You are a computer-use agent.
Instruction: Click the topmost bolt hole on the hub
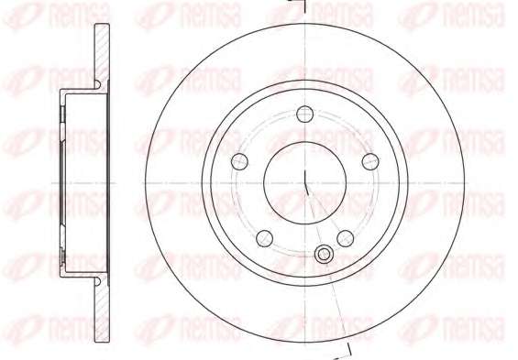[x=304, y=115]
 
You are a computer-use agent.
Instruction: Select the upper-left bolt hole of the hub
[x=239, y=162]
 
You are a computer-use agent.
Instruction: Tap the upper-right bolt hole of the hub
[x=370, y=162]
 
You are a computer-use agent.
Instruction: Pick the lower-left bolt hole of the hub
[x=264, y=238]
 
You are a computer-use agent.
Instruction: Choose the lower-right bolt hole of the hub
[x=346, y=238]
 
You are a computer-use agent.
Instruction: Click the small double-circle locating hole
[x=324, y=255]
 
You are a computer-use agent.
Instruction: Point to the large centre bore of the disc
[x=304, y=183]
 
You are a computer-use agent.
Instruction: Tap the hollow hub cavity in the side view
[x=85, y=183]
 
